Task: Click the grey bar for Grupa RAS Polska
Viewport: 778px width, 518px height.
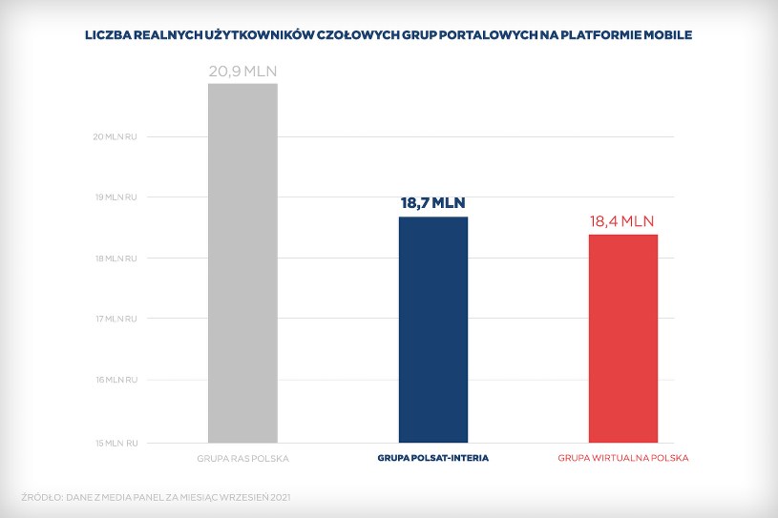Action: pyautogui.click(x=242, y=262)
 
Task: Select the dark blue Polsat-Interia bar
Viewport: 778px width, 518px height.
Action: pyautogui.click(x=432, y=329)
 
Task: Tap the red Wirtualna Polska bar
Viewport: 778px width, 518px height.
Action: pyautogui.click(x=622, y=338)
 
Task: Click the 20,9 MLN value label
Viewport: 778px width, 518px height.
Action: pyautogui.click(x=242, y=71)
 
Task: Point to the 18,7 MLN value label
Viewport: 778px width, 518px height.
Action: pyautogui.click(x=432, y=203)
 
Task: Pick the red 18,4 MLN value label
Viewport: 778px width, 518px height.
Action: pyautogui.click(x=622, y=221)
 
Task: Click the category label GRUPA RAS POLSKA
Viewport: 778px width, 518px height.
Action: pyautogui.click(x=242, y=459)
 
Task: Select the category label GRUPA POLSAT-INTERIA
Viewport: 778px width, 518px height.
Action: pyautogui.click(x=432, y=459)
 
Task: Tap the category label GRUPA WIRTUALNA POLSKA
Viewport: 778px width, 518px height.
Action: pyautogui.click(x=622, y=459)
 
